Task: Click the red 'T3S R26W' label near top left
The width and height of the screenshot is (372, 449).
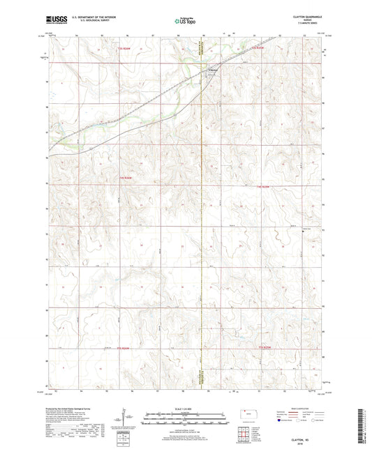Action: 124,49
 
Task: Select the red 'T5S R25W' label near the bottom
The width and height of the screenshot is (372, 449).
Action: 265,347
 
